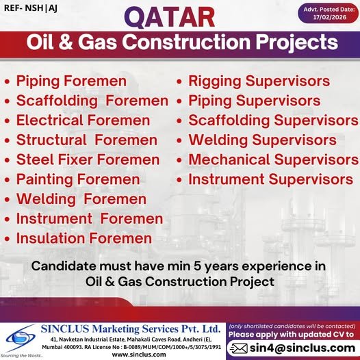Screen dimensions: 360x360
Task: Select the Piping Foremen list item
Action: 71,81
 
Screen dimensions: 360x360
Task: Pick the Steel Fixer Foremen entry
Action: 88,160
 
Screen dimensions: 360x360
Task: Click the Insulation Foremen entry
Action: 84,239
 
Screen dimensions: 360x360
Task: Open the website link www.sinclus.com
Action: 136,355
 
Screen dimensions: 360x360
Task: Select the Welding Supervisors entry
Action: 262,140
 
